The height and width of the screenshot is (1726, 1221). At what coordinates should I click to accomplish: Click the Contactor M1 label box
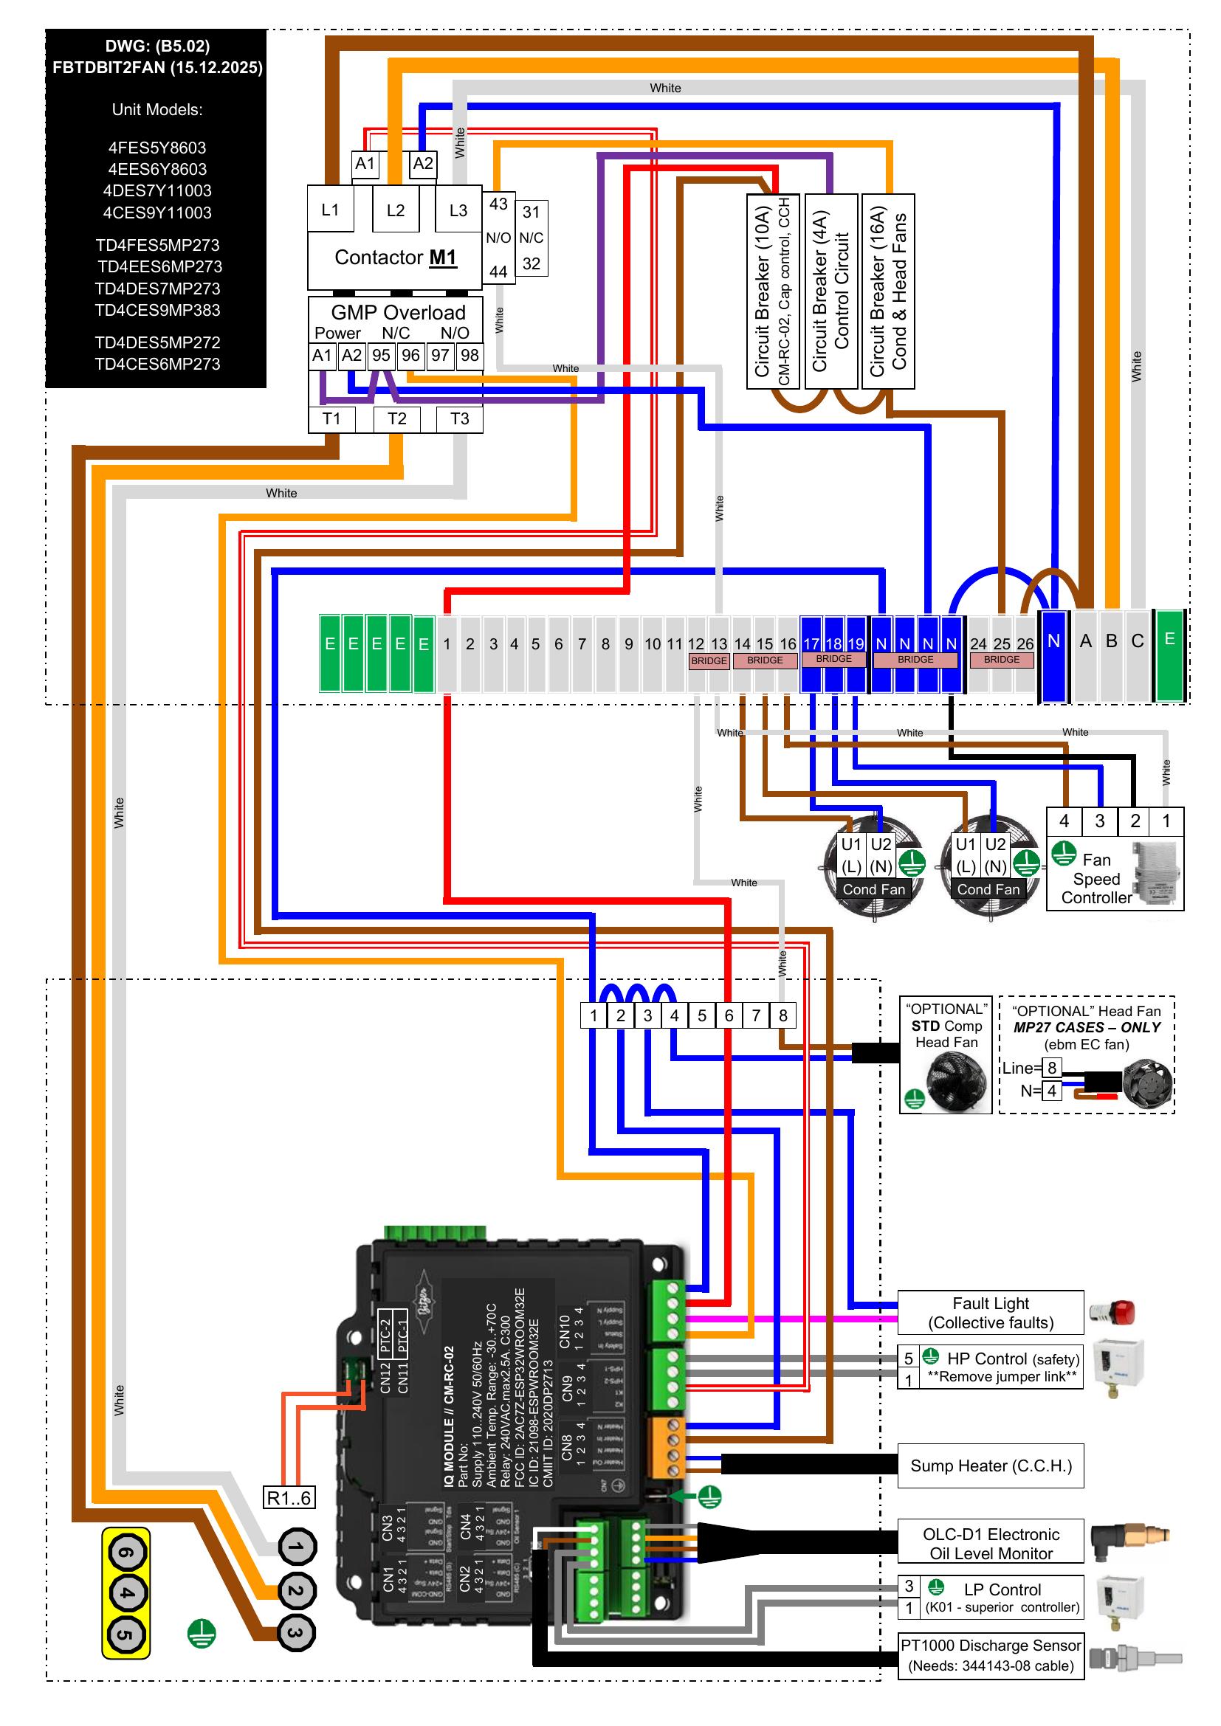(x=395, y=258)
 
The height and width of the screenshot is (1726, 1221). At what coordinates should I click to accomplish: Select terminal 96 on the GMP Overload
(x=410, y=355)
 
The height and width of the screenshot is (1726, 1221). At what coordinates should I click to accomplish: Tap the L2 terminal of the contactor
(x=396, y=210)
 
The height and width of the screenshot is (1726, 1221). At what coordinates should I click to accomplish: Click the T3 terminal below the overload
(x=459, y=418)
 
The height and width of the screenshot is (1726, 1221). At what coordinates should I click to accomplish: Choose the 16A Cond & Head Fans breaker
(x=888, y=291)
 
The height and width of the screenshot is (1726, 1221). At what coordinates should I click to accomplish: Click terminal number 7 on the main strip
(x=582, y=644)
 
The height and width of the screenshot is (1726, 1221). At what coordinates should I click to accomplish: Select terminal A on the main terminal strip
(x=1086, y=641)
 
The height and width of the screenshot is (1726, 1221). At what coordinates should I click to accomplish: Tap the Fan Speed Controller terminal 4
(x=1064, y=821)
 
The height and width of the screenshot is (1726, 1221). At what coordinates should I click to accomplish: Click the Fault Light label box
(x=990, y=1313)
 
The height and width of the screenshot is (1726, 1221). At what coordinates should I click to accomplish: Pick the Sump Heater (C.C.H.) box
(x=990, y=1466)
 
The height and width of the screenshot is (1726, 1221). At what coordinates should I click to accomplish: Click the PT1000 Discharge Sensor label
(x=990, y=1655)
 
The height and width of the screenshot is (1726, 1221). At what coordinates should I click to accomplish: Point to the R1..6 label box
(x=289, y=1498)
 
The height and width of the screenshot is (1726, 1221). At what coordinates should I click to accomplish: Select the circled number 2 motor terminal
(x=296, y=1590)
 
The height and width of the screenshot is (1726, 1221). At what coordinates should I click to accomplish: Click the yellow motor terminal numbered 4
(x=126, y=1593)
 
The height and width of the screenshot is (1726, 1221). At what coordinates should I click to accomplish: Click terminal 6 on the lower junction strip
(x=729, y=1015)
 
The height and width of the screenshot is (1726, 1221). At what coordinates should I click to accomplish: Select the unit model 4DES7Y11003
(x=157, y=191)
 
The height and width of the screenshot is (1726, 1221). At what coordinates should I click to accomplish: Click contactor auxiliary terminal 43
(x=498, y=204)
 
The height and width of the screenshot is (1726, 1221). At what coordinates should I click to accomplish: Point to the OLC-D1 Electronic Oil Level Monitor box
(x=990, y=1543)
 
